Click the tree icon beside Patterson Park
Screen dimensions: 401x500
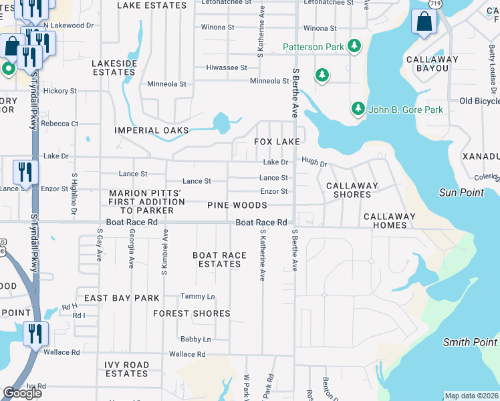coord(355,47)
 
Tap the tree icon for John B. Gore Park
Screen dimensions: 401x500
coord(358,109)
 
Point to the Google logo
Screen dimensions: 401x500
coord(22,393)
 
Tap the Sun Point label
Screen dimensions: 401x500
coord(461,192)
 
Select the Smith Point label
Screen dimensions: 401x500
coord(471,342)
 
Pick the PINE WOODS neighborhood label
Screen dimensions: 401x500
coord(237,205)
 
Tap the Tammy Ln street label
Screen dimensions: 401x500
coord(198,296)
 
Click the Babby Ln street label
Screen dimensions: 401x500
coord(195,339)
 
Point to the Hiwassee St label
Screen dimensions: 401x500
coord(227,68)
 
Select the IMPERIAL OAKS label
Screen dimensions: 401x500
coord(152,130)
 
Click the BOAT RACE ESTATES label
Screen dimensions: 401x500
coord(219,259)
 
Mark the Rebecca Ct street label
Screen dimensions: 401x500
coord(59,124)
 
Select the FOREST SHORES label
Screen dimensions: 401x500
coord(192,313)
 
